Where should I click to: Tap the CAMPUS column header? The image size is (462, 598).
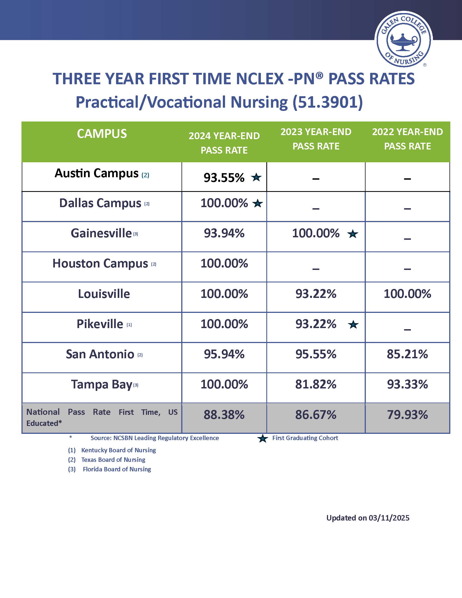pyautogui.click(x=102, y=134)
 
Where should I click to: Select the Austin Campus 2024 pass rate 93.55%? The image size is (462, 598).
pyautogui.click(x=224, y=178)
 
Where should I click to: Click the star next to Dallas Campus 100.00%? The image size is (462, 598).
pyautogui.click(x=257, y=203)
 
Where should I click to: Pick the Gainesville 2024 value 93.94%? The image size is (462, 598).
pyautogui.click(x=224, y=233)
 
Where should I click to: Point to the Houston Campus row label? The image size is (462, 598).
pyautogui.click(x=100, y=263)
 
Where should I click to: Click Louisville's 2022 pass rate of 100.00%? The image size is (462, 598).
pyautogui.click(x=407, y=294)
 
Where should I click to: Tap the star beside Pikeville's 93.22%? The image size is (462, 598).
pyautogui.click(x=353, y=325)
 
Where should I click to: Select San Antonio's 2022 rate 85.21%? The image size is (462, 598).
pyautogui.click(x=407, y=354)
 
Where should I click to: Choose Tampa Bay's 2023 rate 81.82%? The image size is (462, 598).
pyautogui.click(x=316, y=384)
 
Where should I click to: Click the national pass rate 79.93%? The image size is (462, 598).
pyautogui.click(x=407, y=415)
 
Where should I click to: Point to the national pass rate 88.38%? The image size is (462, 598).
pyautogui.click(x=224, y=415)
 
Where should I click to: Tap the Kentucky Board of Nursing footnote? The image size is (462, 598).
pyautogui.click(x=118, y=450)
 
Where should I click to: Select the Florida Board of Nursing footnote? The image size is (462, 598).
pyautogui.click(x=117, y=469)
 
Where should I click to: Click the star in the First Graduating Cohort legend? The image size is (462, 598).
pyautogui.click(x=263, y=438)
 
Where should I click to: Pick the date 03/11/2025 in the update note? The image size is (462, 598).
pyautogui.click(x=389, y=518)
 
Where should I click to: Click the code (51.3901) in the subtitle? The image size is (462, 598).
pyautogui.click(x=328, y=102)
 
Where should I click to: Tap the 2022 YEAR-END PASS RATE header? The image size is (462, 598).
pyautogui.click(x=407, y=139)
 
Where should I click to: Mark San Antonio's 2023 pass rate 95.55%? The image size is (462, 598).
pyautogui.click(x=316, y=354)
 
